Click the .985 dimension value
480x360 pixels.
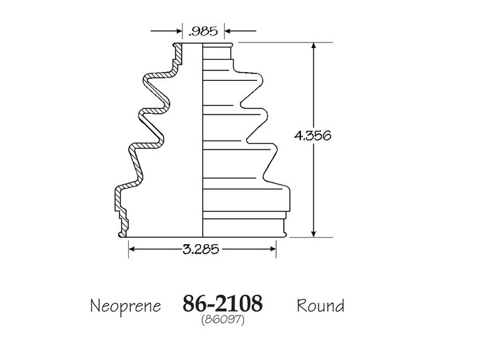point(203,32)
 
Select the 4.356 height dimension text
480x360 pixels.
point(313,135)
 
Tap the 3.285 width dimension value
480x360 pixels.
point(201,249)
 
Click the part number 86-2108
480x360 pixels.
point(223,303)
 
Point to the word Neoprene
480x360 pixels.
point(125,306)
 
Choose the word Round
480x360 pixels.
point(320,306)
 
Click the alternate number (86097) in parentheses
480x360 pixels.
point(223,320)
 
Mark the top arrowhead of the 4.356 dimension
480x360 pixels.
point(313,46)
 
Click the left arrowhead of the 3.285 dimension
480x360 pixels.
point(132,249)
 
